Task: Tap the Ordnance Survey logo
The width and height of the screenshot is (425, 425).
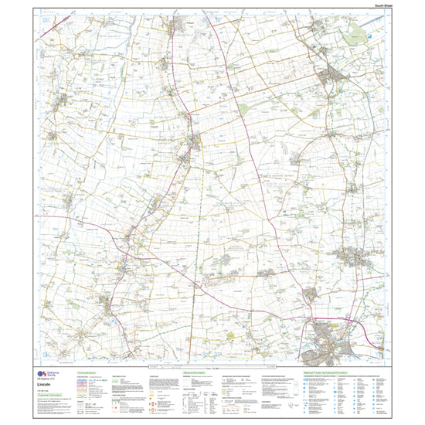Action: [39, 372]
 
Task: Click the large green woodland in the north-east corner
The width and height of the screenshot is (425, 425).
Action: [358, 32]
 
